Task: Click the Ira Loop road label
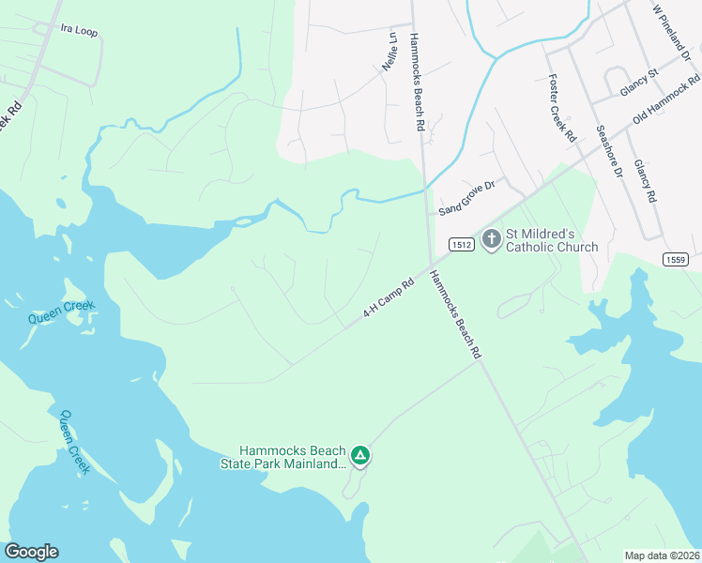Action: click(79, 31)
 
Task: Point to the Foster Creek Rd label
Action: click(561, 108)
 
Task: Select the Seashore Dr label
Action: click(609, 150)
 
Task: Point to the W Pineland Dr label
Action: click(672, 34)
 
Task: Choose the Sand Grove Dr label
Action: click(465, 199)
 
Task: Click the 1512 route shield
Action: click(460, 244)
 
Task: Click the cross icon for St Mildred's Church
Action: click(491, 239)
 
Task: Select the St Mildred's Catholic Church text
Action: click(552, 240)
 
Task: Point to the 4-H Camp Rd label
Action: click(389, 299)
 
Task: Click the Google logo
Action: click(31, 552)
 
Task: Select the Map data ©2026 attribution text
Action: click(663, 555)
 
